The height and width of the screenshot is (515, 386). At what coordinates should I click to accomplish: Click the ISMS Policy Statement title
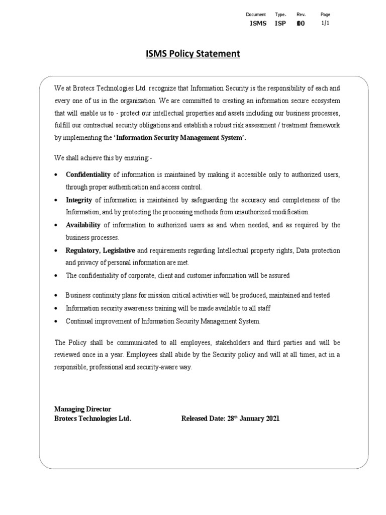coord(193,53)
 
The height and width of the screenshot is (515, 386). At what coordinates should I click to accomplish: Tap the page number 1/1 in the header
coord(325,23)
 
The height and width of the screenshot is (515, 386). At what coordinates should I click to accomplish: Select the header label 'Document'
coord(255,15)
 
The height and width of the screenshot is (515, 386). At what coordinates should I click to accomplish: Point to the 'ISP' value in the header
coord(280,23)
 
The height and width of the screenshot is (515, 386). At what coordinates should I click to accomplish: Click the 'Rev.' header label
coord(301,15)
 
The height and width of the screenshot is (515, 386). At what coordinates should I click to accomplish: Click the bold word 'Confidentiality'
coord(88,175)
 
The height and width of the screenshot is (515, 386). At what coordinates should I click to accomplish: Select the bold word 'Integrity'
coord(78,200)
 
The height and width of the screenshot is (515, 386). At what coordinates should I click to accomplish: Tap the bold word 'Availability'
coord(83,225)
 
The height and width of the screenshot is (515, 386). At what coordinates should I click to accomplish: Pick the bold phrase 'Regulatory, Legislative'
coord(100,250)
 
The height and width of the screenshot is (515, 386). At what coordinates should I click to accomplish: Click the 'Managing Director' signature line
coord(82,409)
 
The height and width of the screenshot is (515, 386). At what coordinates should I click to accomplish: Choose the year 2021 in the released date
coord(270,418)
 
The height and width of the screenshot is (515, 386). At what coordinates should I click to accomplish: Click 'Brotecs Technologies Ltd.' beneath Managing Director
coord(93,418)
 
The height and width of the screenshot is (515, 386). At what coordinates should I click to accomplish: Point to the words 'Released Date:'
coord(201,418)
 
